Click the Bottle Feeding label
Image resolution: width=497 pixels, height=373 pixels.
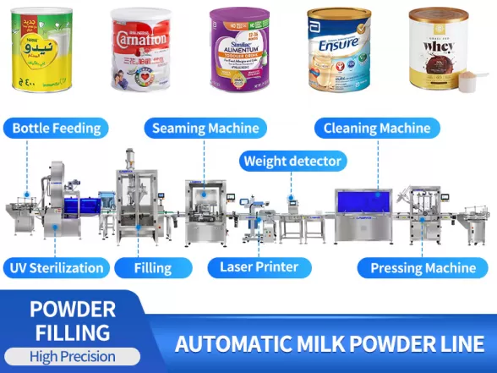57,129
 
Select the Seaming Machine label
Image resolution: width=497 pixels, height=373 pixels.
205,129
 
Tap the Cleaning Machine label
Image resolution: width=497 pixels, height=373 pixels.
377,129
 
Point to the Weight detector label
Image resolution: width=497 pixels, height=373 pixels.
292,161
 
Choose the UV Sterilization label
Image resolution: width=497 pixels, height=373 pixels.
57,268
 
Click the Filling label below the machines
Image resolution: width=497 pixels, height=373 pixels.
152,268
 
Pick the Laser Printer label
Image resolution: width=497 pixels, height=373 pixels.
259,267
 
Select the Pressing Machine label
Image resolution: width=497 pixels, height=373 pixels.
423,268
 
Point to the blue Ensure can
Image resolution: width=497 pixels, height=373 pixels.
338,49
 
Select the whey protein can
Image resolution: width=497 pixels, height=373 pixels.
436,47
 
